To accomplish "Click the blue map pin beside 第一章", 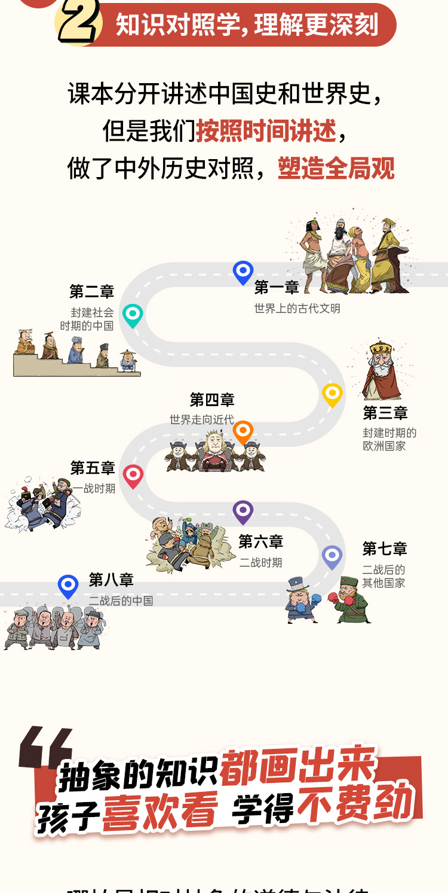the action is (x=243, y=272).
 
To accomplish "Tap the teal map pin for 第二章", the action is (x=133, y=315).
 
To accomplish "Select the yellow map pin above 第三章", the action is (x=332, y=394).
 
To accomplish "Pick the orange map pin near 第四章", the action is (x=243, y=431).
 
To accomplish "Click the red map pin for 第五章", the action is (x=133, y=476).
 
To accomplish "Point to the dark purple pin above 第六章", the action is (x=243, y=511).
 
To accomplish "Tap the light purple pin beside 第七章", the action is (x=332, y=556).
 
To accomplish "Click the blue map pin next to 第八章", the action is (x=68, y=586).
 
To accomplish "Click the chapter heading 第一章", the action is (x=277, y=288).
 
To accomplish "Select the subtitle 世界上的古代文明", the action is (x=297, y=309).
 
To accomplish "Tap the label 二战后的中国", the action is (x=121, y=601).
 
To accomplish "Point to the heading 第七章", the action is (x=385, y=548).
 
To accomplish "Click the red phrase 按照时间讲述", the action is (x=266, y=131).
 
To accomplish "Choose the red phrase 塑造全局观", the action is (x=336, y=169).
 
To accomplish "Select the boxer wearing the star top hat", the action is (x=300, y=600).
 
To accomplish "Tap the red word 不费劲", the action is (x=356, y=802).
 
